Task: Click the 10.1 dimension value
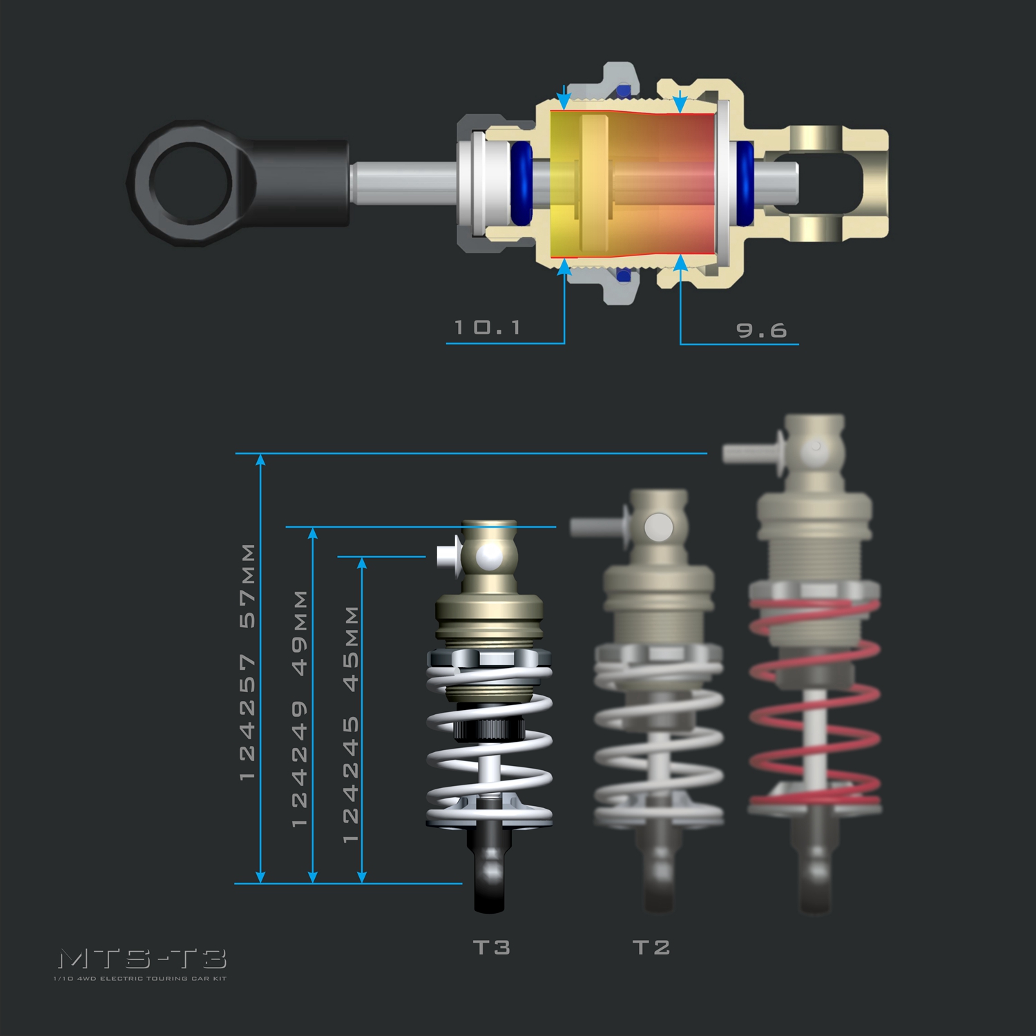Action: pos(487,327)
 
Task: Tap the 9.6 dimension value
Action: pos(762,330)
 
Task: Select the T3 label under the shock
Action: pos(492,947)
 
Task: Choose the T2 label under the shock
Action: pos(651,947)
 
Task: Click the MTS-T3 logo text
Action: pos(142,959)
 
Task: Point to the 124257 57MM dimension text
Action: pos(247,662)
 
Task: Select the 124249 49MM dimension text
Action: pos(300,708)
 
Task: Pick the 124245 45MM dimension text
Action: pos(351,725)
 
